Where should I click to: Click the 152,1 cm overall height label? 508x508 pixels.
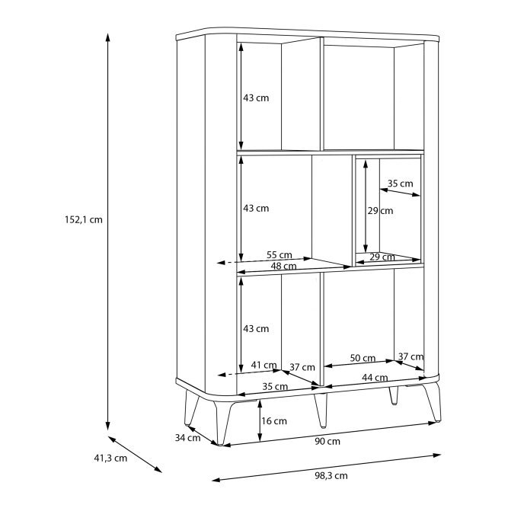click(84, 220)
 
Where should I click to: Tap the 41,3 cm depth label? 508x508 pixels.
click(110, 458)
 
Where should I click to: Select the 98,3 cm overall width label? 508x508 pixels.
click(331, 476)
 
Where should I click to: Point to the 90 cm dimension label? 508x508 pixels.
click(327, 442)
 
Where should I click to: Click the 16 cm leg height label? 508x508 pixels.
click(274, 421)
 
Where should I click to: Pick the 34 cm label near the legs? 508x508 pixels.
click(187, 438)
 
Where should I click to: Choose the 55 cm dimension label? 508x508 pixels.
click(280, 255)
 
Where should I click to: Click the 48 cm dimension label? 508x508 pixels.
click(283, 267)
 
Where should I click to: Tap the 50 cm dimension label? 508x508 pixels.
click(363, 358)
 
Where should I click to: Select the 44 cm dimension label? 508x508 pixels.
click(375, 378)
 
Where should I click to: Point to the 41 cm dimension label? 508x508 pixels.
click(264, 365)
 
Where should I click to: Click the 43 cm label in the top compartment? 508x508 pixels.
click(256, 98)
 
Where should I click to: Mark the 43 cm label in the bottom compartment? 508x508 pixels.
click(256, 329)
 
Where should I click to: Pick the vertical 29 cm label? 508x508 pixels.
click(380, 211)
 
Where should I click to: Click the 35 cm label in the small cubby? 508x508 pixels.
click(401, 184)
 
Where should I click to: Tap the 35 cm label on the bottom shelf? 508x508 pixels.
click(275, 386)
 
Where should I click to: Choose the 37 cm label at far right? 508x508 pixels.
click(411, 356)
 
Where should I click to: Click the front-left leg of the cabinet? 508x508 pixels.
click(224, 421)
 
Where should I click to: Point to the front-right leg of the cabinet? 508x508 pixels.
click(433, 401)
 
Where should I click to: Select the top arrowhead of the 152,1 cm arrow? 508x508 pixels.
click(108, 37)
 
